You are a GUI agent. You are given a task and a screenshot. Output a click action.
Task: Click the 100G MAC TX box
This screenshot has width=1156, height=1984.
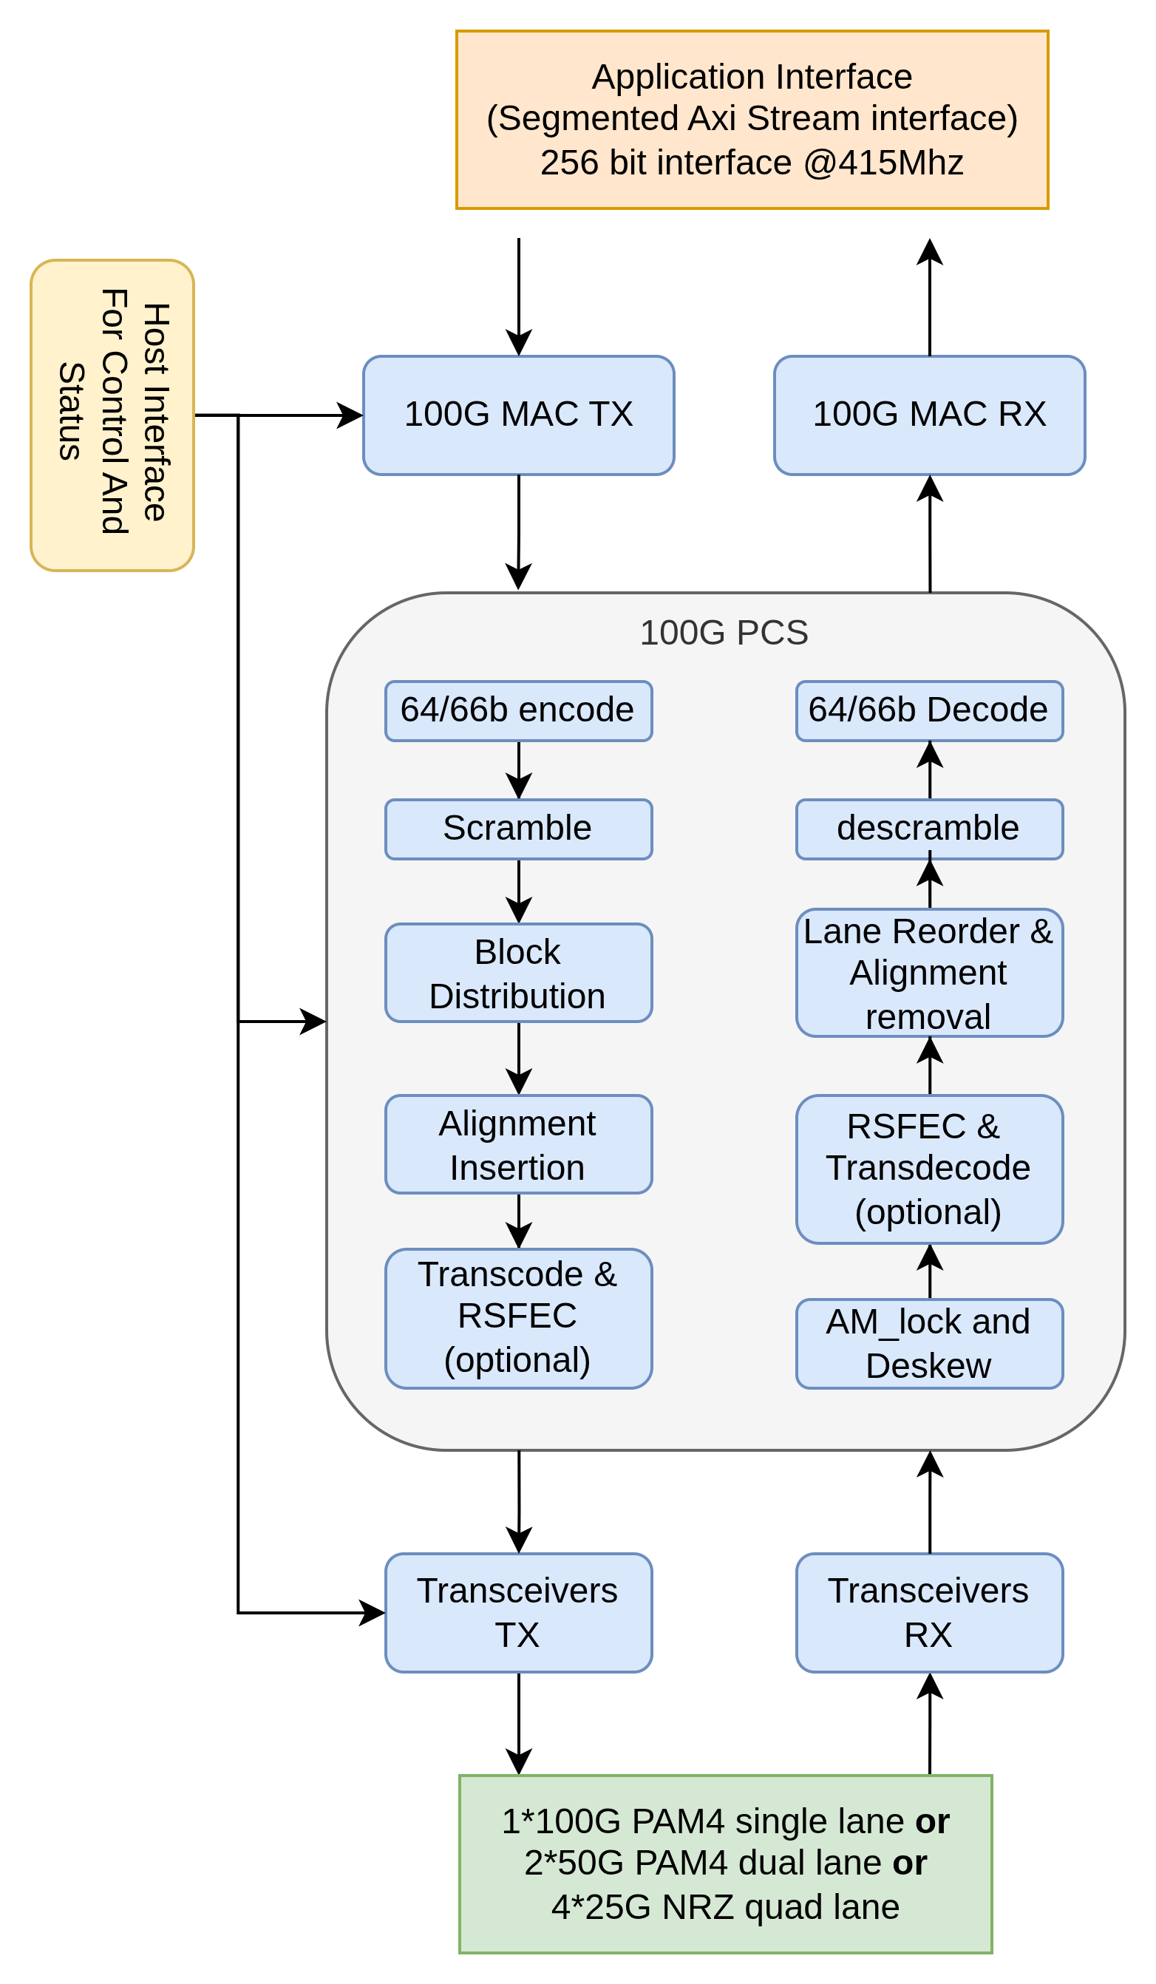tap(518, 415)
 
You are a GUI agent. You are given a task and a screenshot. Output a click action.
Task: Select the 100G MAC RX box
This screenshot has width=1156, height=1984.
tap(929, 415)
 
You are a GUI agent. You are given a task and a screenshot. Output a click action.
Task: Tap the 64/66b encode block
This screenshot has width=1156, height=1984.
tap(518, 711)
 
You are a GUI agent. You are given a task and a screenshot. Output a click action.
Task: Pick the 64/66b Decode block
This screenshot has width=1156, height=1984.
tap(929, 711)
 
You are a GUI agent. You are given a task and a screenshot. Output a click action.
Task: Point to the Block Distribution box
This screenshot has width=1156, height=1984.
tap(518, 973)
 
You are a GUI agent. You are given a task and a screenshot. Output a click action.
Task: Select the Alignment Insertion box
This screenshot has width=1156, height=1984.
tap(518, 1145)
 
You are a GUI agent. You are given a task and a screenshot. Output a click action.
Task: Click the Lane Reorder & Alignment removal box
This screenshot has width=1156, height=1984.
tap(929, 973)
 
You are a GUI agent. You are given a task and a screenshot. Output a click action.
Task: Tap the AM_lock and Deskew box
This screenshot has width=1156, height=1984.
tap(929, 1344)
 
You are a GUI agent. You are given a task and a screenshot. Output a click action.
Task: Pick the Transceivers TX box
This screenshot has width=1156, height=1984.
tap(518, 1613)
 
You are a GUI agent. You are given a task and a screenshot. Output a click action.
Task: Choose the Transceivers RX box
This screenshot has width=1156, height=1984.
tap(929, 1613)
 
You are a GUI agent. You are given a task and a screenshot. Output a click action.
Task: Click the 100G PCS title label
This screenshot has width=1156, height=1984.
tap(724, 633)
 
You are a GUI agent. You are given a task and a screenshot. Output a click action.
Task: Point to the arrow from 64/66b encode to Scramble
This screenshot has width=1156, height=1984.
tap(518, 770)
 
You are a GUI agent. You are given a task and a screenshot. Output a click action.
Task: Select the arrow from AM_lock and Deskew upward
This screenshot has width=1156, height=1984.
tap(930, 1271)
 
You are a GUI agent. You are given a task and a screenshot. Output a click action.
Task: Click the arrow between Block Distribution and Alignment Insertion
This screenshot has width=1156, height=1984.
tap(518, 1058)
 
